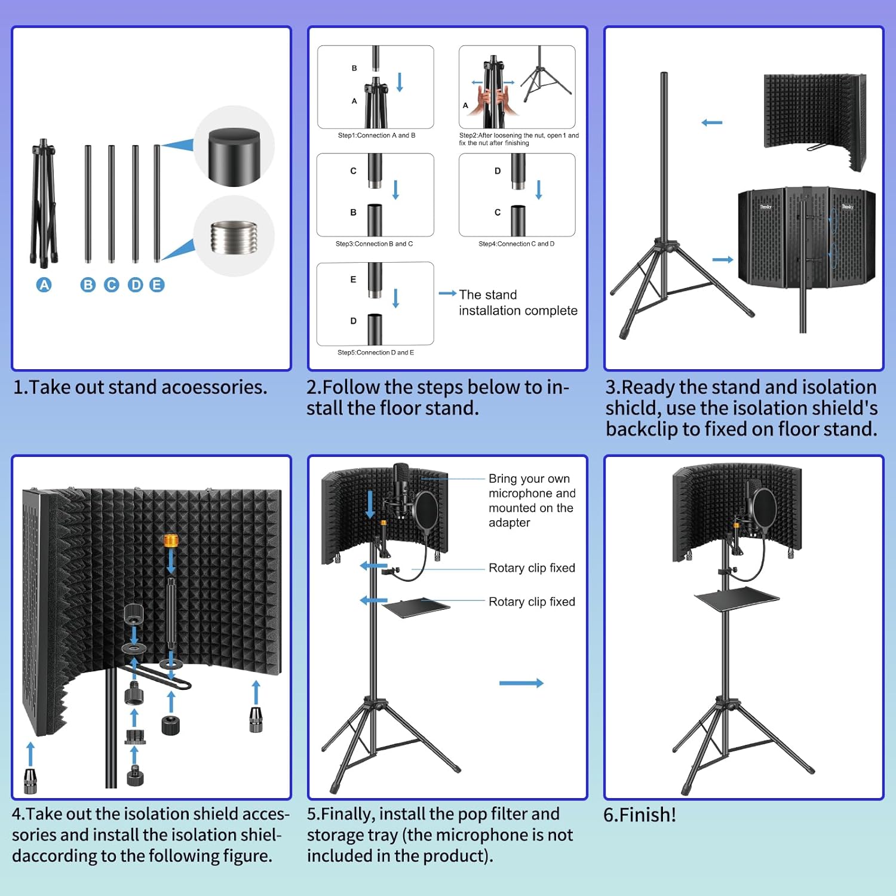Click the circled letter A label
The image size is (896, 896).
tap(44, 285)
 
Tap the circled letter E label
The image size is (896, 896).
tap(157, 285)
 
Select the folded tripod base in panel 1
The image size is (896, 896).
tap(44, 203)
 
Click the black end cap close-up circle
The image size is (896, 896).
tap(234, 147)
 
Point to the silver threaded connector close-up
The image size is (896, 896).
tap(234, 237)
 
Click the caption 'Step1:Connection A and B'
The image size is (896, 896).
tap(376, 136)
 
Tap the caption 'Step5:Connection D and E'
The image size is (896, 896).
tap(375, 352)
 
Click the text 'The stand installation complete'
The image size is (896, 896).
tap(517, 303)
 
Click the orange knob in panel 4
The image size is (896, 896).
tap(171, 541)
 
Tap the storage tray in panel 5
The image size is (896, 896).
tap(416, 607)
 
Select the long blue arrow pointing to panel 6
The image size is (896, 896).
tap(521, 683)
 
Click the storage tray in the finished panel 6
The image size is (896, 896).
tap(737, 597)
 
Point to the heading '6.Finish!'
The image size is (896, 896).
tap(640, 815)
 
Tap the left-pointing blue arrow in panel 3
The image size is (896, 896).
tap(711, 122)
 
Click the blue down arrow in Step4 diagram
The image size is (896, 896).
tap(538, 189)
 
